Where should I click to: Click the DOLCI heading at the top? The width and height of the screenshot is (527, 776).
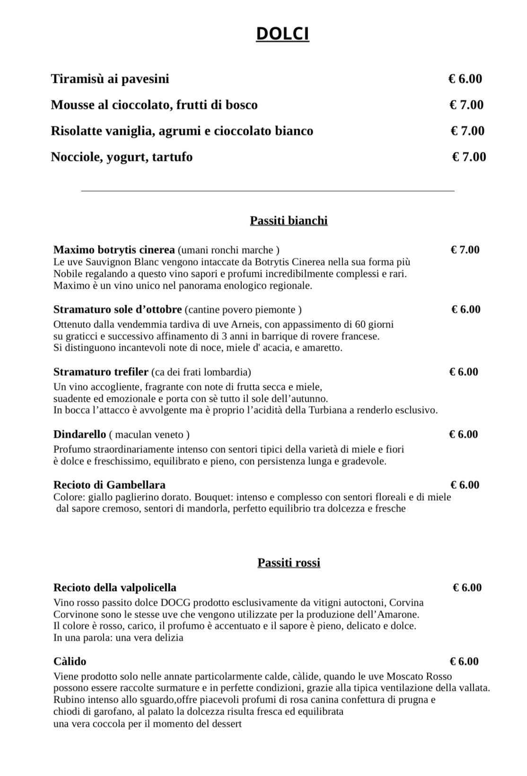point(282,34)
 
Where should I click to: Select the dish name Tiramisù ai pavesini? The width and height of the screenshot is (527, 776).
point(110,79)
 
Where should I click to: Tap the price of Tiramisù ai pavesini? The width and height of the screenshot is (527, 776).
point(465,79)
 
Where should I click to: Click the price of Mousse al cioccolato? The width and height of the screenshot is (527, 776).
point(466,105)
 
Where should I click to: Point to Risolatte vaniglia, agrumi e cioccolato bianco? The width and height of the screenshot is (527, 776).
point(182,131)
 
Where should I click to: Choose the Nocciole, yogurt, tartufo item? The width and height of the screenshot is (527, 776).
point(122,157)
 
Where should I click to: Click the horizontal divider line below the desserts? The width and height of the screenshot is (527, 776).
point(268,191)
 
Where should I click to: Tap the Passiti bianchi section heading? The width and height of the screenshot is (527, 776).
point(289,220)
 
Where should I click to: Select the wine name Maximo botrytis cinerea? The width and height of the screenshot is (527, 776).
point(114,250)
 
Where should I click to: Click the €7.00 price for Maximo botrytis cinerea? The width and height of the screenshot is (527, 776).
point(465,250)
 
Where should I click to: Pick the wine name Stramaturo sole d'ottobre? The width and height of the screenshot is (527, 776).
point(117,309)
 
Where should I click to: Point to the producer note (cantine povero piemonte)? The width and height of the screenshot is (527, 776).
point(243,310)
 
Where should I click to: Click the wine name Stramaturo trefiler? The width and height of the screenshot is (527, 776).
point(101,371)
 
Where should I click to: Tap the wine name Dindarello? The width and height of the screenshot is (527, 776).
point(79,434)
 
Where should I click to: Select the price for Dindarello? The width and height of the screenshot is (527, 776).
point(463,434)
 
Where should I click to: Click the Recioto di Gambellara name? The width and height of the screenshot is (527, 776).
point(109,485)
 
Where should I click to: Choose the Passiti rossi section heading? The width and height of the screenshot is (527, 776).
point(289,563)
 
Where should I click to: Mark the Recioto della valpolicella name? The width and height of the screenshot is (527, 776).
point(114,588)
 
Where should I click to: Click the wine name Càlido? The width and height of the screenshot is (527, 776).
point(70,661)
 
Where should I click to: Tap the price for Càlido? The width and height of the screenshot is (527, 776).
point(464,661)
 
